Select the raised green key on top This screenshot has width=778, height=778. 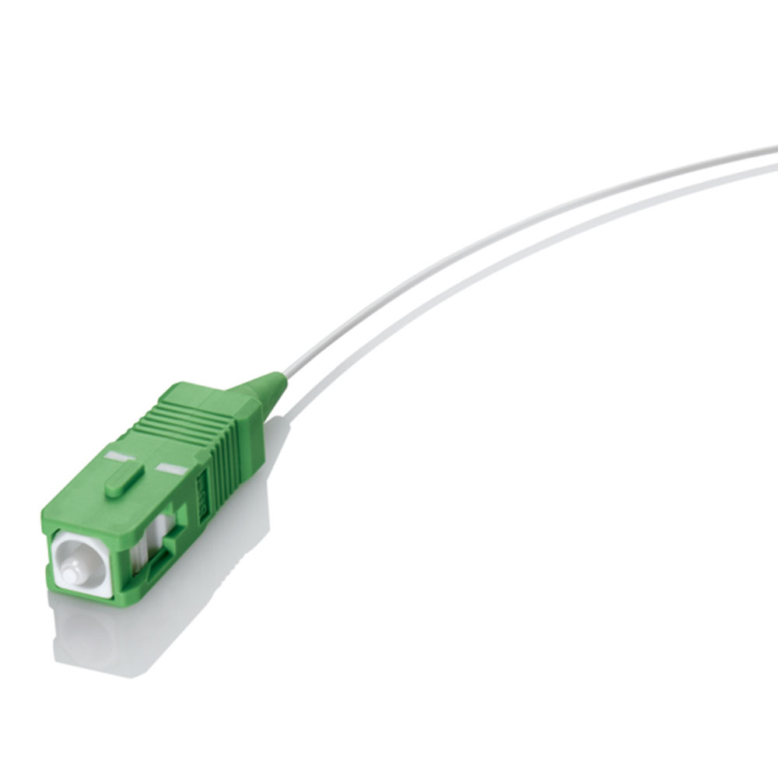(124, 477)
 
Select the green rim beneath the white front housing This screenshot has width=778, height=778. (78, 598)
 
